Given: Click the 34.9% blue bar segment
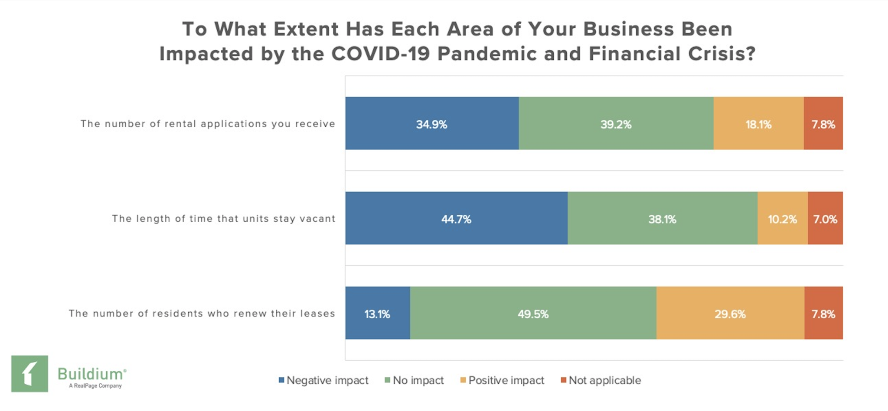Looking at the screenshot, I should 432,124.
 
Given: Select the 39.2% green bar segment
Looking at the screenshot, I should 616,124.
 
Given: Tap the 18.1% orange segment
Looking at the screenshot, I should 758,124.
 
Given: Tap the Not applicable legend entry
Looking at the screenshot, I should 601,380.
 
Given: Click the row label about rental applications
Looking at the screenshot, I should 208,124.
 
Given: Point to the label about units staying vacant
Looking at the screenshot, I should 224,218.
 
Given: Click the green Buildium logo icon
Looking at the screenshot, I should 29,374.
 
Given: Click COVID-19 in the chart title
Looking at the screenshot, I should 381,54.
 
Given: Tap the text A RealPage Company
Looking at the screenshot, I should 95,386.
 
